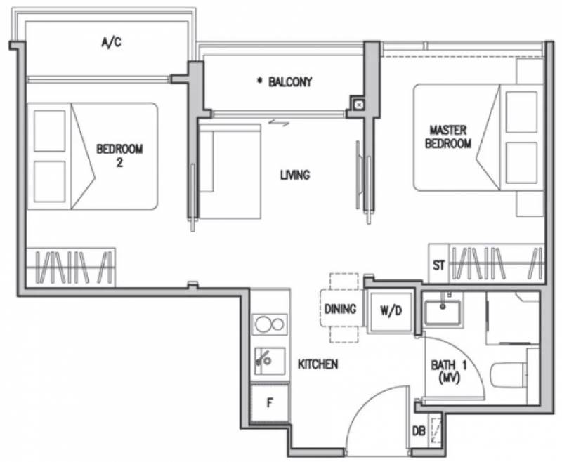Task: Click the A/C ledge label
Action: coord(112,42)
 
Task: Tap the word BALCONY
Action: coord(290,82)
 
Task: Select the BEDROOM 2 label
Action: coord(119,155)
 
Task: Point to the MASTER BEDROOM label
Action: coord(448,136)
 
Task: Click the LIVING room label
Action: coord(295,175)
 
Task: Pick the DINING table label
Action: coord(340,309)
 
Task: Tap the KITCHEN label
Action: coord(318,364)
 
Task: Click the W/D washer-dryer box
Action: coord(391,312)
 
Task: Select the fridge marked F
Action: coord(270,403)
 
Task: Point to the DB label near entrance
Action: coord(419,431)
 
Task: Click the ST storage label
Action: coord(438,265)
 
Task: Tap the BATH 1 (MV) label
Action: coord(449,371)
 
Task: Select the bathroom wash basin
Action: coord(443,312)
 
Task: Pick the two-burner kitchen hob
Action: coord(270,324)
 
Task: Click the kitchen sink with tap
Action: coord(270,361)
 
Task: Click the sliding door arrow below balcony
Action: coord(279,123)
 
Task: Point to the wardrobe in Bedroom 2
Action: coord(71,268)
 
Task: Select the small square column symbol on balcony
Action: coord(359,105)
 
